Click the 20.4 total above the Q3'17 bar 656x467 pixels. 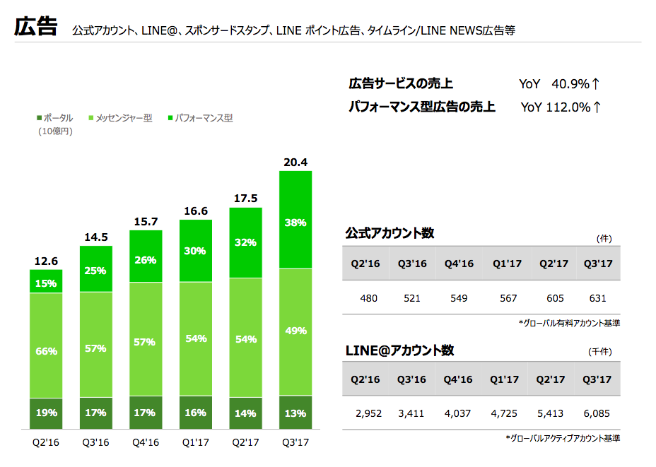(295, 163)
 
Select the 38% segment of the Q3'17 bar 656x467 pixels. (295, 223)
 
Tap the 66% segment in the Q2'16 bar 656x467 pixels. (46, 351)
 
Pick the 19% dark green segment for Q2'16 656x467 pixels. (46, 413)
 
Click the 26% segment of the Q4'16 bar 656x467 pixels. (146, 259)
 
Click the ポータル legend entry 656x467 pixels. (54, 119)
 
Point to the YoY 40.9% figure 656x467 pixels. (559, 84)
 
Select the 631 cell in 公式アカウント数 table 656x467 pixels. (597, 298)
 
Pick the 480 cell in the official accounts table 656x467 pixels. (368, 298)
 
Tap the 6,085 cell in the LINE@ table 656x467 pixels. (597, 413)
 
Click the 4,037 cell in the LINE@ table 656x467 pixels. (458, 413)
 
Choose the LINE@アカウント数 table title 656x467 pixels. (399, 350)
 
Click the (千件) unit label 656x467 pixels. (599, 352)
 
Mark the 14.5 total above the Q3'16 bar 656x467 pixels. (95, 237)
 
